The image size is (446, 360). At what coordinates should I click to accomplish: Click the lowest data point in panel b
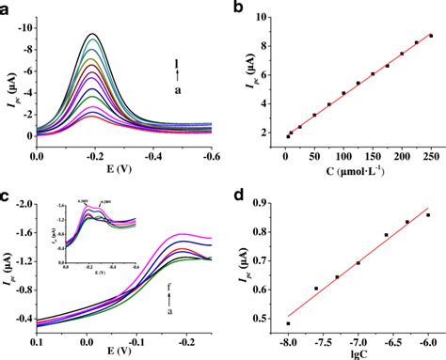tap(287, 137)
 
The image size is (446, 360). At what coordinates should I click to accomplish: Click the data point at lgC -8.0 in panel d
tap(288, 323)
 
